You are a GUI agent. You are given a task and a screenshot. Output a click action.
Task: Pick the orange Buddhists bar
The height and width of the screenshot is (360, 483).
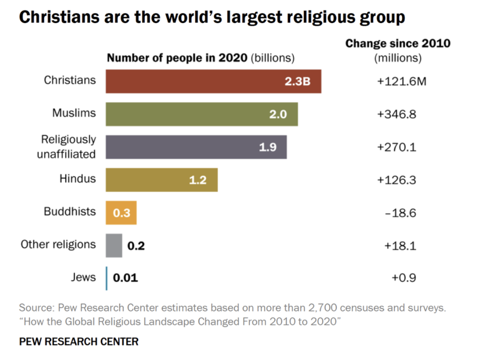(x=121, y=213)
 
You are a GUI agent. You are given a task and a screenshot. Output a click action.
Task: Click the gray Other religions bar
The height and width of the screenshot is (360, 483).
(x=114, y=246)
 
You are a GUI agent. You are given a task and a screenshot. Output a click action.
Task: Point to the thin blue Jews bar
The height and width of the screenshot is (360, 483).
(x=107, y=278)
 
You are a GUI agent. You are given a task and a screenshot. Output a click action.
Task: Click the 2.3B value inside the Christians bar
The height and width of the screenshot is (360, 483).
(x=297, y=82)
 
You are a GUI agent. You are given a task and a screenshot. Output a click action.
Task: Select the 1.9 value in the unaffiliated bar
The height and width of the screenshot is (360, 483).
(x=268, y=147)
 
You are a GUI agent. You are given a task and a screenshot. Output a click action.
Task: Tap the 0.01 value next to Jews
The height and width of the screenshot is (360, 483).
(x=125, y=278)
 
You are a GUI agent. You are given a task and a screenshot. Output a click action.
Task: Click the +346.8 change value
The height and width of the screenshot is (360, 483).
(x=397, y=114)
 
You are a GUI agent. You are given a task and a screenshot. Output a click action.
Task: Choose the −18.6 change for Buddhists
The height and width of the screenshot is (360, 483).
(x=401, y=213)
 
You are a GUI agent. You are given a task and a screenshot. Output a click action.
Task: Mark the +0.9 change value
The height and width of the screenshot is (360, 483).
(x=404, y=277)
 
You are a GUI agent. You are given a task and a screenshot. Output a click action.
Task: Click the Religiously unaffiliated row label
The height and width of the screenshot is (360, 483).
(x=67, y=147)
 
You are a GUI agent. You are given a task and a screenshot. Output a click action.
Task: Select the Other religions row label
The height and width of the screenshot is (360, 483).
(x=58, y=245)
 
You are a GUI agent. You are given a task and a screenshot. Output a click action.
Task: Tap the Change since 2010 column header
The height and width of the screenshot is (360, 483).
(x=398, y=43)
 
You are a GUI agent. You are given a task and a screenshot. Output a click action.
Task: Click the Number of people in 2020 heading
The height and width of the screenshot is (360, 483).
(x=177, y=58)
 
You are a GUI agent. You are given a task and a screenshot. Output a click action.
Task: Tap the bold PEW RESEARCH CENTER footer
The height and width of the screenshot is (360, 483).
(x=79, y=341)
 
